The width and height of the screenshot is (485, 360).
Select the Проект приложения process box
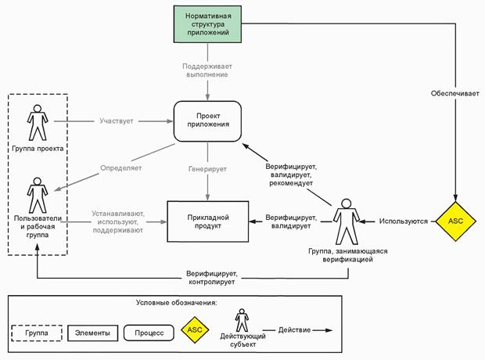[x=207, y=121]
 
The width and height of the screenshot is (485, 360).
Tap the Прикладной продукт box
[x=207, y=221]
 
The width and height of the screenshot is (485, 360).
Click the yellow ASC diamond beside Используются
[x=455, y=221]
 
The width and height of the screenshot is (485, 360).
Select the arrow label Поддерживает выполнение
[x=207, y=70]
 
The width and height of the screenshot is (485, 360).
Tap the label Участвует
[x=116, y=121]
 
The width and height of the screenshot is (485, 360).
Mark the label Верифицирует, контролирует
[x=211, y=277]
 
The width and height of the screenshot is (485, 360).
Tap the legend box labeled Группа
[x=37, y=333]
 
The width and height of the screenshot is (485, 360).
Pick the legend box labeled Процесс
[x=149, y=333]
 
